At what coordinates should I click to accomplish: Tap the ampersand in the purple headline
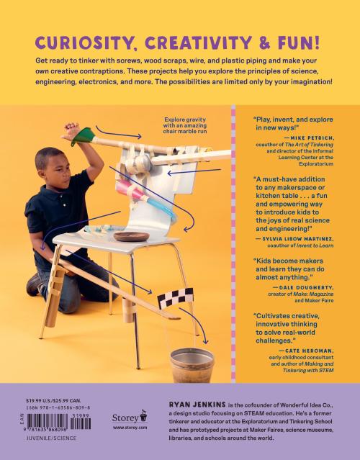(x=264, y=42)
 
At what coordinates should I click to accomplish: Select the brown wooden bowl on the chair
(x=132, y=236)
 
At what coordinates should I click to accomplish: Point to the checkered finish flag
(x=176, y=298)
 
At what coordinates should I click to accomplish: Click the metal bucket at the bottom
(x=192, y=365)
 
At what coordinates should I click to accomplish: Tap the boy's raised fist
(x=71, y=128)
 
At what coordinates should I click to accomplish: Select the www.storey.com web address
(x=130, y=428)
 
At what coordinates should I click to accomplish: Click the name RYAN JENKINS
(x=197, y=405)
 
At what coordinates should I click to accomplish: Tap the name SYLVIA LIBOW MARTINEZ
(x=297, y=239)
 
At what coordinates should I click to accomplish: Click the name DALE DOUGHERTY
(x=306, y=287)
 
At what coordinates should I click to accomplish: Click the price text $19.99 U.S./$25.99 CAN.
(x=53, y=400)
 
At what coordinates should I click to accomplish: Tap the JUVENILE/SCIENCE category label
(x=51, y=438)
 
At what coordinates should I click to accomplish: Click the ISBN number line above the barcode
(x=58, y=407)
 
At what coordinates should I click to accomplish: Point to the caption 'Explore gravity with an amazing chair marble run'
(x=185, y=125)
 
